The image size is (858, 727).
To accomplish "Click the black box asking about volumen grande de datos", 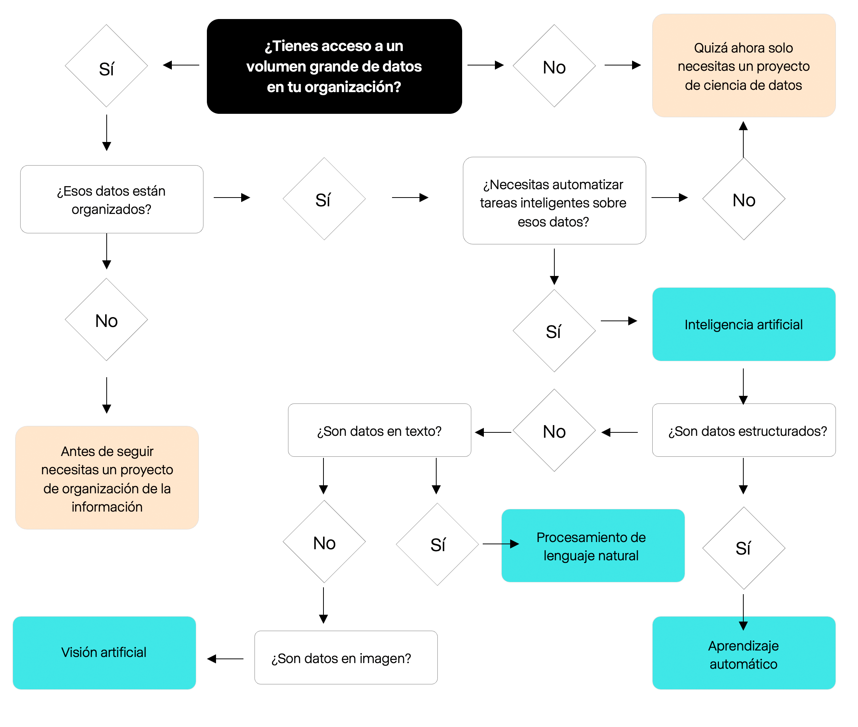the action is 334,66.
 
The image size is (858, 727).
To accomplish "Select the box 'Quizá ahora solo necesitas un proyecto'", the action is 744,65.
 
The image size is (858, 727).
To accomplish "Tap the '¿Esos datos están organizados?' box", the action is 112,199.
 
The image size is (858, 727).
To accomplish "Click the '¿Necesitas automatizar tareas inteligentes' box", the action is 554,201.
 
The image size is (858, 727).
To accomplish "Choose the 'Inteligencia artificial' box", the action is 744,324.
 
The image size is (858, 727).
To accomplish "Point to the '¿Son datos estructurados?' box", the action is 744,430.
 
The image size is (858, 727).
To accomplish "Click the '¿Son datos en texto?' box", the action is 379,430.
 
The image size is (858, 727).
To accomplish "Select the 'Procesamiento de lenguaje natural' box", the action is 593,546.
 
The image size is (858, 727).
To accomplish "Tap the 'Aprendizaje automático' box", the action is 744,653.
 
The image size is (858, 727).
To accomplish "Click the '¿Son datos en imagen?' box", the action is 346,658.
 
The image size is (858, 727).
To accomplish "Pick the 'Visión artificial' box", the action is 104,653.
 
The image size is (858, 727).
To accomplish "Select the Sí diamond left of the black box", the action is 106,66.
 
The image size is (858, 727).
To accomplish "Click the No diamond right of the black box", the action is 554,66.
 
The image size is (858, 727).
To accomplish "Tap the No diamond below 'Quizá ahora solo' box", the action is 744,199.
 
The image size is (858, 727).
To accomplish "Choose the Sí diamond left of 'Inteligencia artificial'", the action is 554,330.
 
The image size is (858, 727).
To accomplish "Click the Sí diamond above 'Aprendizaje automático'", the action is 744,548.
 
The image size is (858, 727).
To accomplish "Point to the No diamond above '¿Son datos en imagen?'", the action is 324,542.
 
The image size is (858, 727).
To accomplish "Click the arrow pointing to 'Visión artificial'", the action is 225,659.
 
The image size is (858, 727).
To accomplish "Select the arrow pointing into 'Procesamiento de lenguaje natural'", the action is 501,544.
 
